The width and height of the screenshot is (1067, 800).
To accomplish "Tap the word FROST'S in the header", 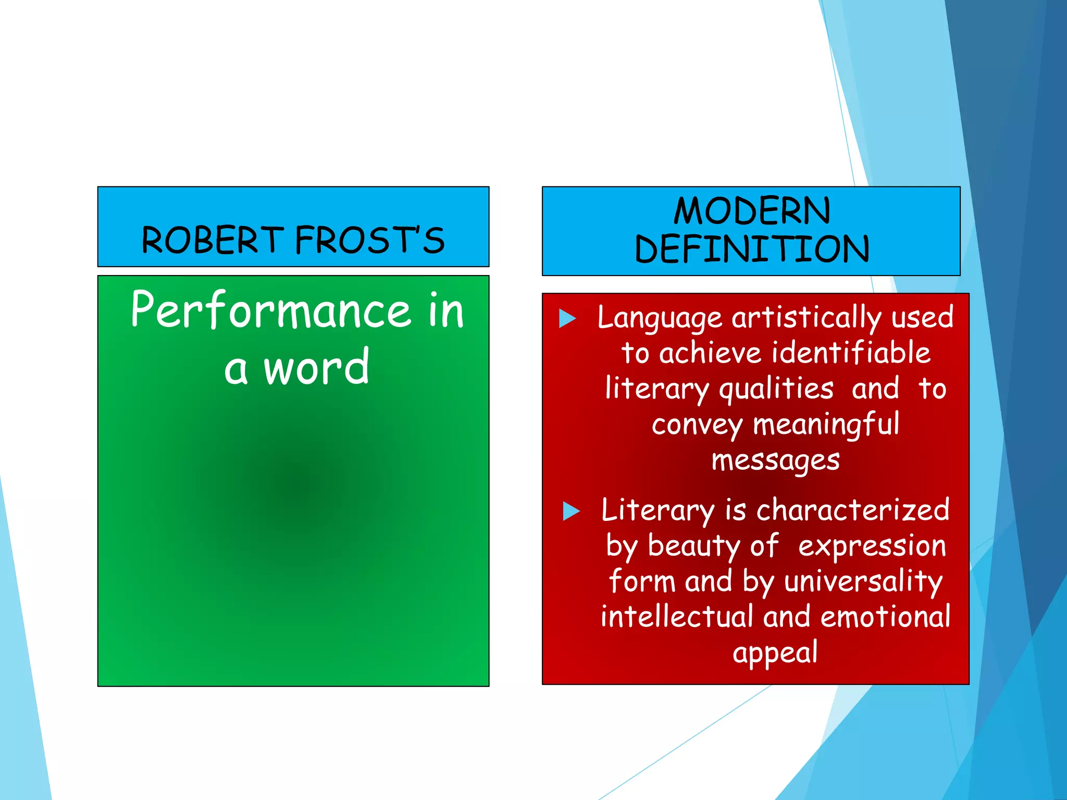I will click(x=370, y=240).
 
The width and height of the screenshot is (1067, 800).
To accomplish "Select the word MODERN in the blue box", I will click(x=752, y=211).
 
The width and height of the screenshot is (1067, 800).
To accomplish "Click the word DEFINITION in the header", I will click(x=752, y=248).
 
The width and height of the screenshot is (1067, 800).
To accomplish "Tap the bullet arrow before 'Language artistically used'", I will click(x=567, y=318).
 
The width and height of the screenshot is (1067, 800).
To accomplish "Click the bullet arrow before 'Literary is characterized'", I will click(x=572, y=511).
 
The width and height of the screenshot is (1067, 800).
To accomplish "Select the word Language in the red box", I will click(x=660, y=318).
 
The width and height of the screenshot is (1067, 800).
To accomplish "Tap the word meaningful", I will click(x=826, y=425).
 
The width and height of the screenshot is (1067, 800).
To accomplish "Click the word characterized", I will click(x=853, y=510).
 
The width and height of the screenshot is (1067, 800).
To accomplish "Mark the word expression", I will click(x=872, y=547).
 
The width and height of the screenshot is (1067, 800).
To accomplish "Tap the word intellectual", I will click(x=677, y=617).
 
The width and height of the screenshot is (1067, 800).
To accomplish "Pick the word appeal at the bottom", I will click(x=775, y=653).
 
